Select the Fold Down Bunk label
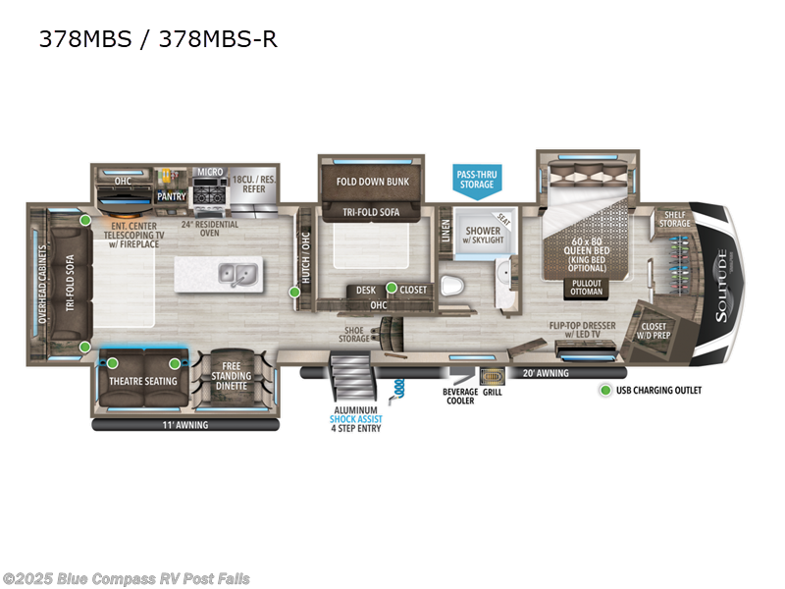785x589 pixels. (x=371, y=182)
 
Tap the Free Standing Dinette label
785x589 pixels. (x=232, y=375)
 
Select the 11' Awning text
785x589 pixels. (x=185, y=426)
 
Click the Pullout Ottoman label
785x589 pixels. (x=587, y=287)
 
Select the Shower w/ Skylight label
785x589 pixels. (x=475, y=236)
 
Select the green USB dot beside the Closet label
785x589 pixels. (x=392, y=289)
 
